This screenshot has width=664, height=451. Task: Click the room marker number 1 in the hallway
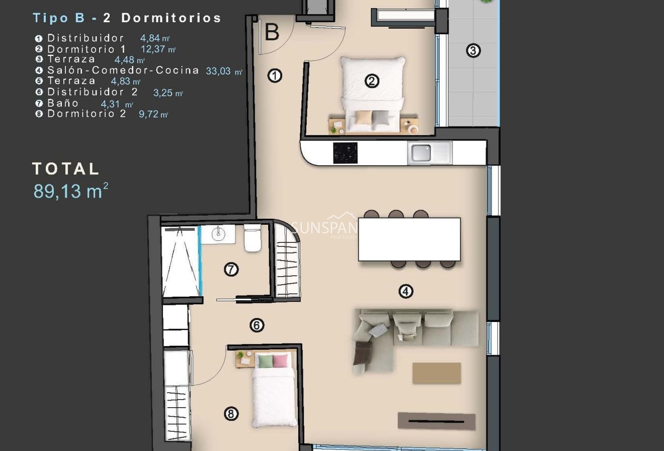pyautogui.click(x=275, y=76)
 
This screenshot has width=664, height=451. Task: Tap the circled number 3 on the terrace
pyautogui.click(x=473, y=50)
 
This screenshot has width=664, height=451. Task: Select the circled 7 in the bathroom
pyautogui.click(x=231, y=270)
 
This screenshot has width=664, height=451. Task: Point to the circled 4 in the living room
pyautogui.click(x=406, y=291)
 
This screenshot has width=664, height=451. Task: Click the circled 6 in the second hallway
pyautogui.click(x=257, y=326)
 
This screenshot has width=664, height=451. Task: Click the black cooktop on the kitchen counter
pyautogui.click(x=345, y=153)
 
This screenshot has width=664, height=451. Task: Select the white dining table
pyautogui.click(x=409, y=239)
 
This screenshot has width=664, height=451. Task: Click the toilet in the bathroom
pyautogui.click(x=252, y=239)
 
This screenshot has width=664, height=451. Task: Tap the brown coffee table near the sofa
pyautogui.click(x=437, y=373)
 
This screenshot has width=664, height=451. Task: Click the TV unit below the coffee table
pyautogui.click(x=437, y=421)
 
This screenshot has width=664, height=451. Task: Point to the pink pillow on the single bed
pyautogui.click(x=280, y=361)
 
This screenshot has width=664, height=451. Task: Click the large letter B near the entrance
pyautogui.click(x=272, y=33)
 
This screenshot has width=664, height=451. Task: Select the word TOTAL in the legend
pyautogui.click(x=66, y=169)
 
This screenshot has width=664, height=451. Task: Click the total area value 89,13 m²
pyautogui.click(x=70, y=191)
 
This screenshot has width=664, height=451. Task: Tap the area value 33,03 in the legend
pyautogui.click(x=218, y=71)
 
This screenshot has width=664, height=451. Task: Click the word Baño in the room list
pyautogui.click(x=63, y=103)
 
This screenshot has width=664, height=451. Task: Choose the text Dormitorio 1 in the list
pyautogui.click(x=87, y=49)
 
